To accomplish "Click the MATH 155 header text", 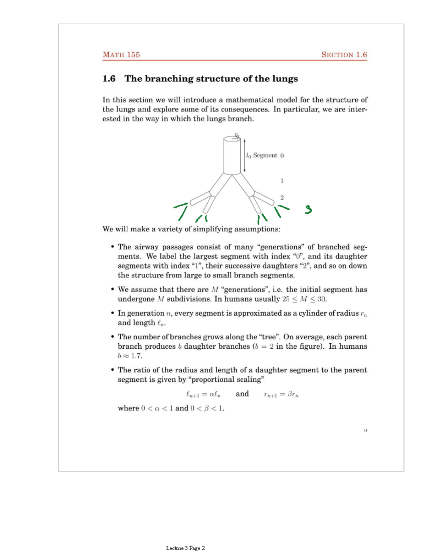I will [x=121, y=55].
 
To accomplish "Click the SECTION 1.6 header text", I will [x=344, y=55].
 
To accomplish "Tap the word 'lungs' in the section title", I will [x=285, y=79].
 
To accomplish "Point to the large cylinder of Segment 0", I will [x=232, y=156].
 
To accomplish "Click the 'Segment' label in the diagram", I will [x=265, y=155].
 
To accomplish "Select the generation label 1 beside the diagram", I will [x=282, y=181].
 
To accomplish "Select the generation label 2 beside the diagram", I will [x=282, y=197].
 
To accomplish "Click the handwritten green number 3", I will [x=308, y=210].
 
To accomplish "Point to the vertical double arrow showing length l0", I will [x=245, y=155].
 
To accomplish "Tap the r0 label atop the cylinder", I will [x=237, y=135].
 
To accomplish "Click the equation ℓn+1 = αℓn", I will [x=203, y=394].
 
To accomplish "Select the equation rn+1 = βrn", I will [x=281, y=394].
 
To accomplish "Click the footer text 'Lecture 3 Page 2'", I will [x=185, y=548].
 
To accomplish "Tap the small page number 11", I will [x=365, y=430].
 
